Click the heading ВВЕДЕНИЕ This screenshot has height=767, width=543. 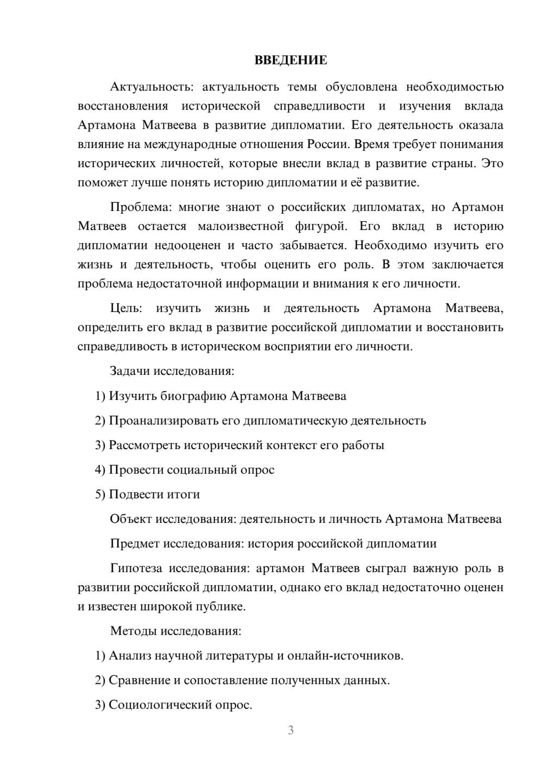point(291,60)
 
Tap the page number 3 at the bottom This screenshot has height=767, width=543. point(291,730)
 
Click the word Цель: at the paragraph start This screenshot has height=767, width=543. point(126,308)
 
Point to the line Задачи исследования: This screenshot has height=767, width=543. point(172,371)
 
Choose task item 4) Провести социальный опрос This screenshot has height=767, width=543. point(185,470)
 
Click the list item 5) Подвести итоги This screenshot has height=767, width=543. point(147,494)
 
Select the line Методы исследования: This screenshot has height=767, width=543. point(175,631)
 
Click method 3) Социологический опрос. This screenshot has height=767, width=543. point(173,705)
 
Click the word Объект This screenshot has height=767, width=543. point(131,519)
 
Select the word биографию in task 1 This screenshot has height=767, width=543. point(193,396)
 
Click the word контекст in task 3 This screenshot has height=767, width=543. point(291,445)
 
